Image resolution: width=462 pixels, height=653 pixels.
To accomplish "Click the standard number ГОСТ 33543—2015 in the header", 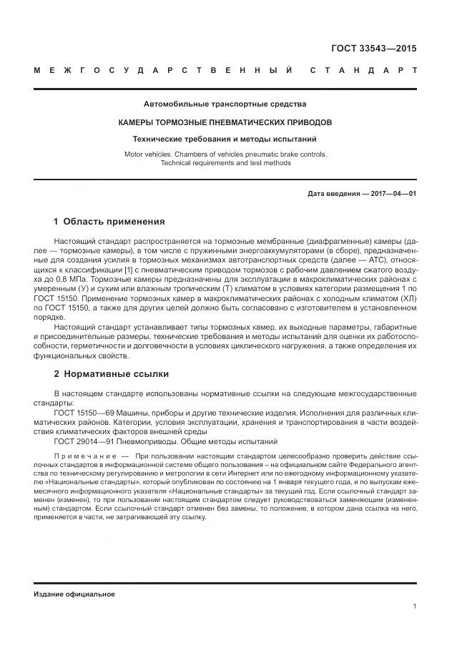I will pyautogui.click(x=373, y=49).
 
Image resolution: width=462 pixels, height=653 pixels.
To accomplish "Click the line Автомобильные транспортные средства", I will pyautogui.click(x=225, y=104).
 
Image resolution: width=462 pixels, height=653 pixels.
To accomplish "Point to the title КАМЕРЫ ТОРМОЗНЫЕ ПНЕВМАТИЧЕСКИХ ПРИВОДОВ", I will pyautogui.click(x=225, y=122).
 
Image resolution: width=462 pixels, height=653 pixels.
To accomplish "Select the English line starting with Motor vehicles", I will pyautogui.click(x=225, y=154).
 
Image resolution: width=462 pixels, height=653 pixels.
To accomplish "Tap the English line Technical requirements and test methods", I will pyautogui.click(x=225, y=163).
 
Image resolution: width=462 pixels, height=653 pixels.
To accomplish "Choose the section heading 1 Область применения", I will pyautogui.click(x=109, y=222).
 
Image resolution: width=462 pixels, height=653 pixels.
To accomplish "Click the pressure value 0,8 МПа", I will pyautogui.click(x=80, y=280).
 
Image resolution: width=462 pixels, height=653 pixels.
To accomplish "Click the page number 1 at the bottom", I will pyautogui.click(x=415, y=607).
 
